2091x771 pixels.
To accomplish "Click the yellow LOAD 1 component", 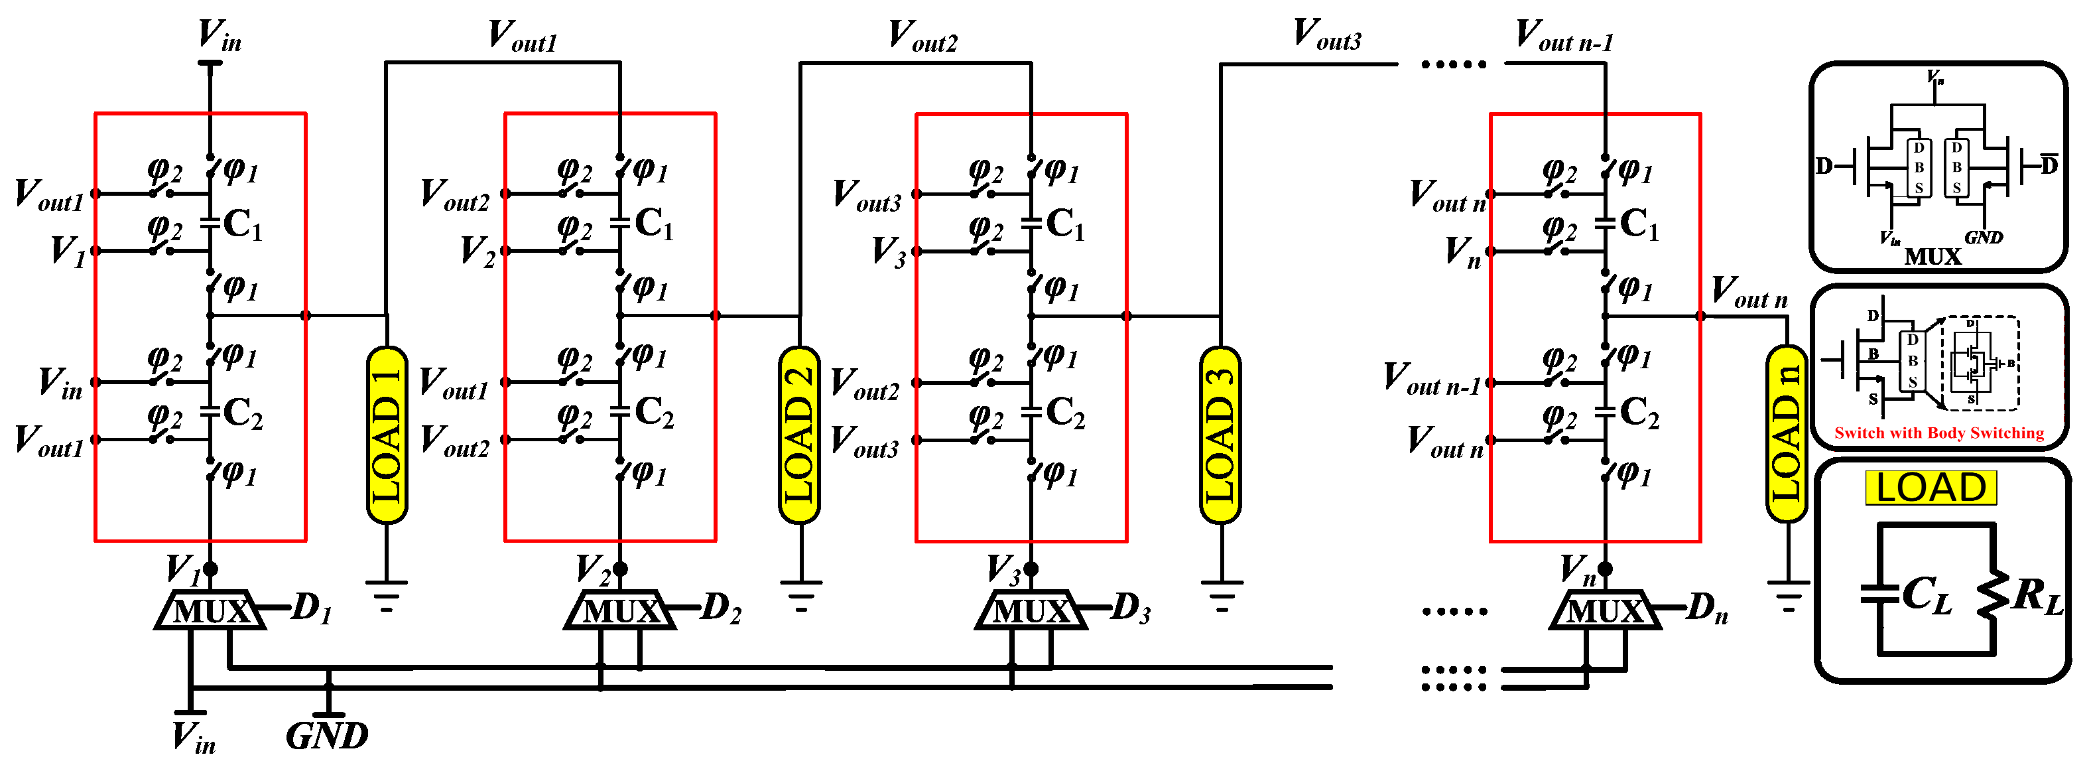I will pos(387,435).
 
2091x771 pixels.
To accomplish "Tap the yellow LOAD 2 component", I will pos(800,435).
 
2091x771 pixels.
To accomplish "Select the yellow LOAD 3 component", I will pos(1220,435).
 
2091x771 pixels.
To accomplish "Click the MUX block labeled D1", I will pos(210,611).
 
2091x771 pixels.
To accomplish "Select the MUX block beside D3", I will pos(1031,611).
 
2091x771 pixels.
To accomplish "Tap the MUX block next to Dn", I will pos(1605,611).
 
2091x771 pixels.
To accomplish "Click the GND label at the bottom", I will pos(327,736).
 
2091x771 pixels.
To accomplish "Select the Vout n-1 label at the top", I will pos(1564,36).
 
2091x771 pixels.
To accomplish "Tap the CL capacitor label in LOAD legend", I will pos(1927,596).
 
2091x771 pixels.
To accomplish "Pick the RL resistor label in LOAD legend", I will pos(2037,596).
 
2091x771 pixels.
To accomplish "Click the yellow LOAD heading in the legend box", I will pos(1931,488).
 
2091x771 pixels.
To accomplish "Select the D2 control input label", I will pos(721,608).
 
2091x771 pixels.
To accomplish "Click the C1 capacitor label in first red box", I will pos(242,224).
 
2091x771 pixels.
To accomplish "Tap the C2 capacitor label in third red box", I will pos(1064,413).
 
